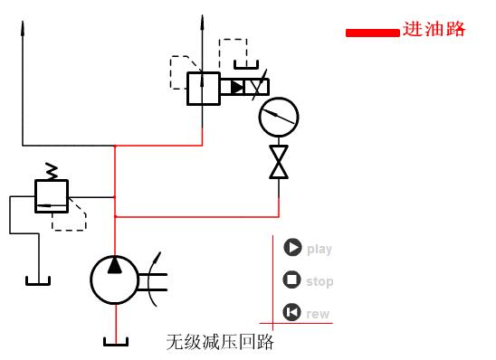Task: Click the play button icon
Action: tap(292, 248)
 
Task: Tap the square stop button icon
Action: tap(292, 280)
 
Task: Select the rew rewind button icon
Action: tap(292, 313)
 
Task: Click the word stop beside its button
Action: tap(320, 281)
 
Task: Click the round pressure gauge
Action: tap(278, 116)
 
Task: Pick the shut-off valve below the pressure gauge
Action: tap(279, 162)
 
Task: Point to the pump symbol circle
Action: tap(115, 279)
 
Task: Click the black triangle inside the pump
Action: tap(115, 266)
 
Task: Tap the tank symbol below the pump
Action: tap(116, 341)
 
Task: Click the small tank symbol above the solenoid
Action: tap(245, 64)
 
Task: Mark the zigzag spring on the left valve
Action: tap(52, 170)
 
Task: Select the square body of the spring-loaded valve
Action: tap(52, 195)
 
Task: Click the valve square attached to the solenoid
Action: tap(203, 89)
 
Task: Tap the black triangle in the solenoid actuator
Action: tap(237, 88)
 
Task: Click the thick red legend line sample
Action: tap(372, 33)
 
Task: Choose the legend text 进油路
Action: tap(434, 30)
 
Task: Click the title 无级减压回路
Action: tap(220, 342)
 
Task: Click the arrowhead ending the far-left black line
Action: tap(23, 26)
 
